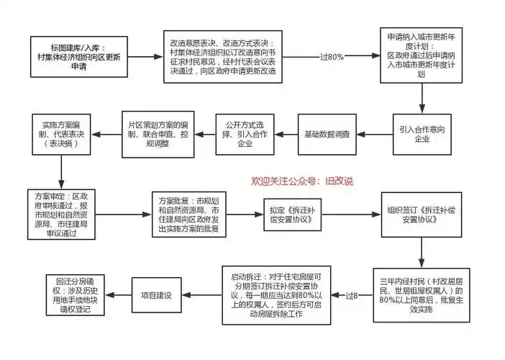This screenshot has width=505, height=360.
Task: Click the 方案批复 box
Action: pos(188,214)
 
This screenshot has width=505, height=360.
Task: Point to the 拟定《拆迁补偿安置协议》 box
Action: pos(291,215)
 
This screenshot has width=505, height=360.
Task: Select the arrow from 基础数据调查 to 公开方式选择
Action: pos(286,135)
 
